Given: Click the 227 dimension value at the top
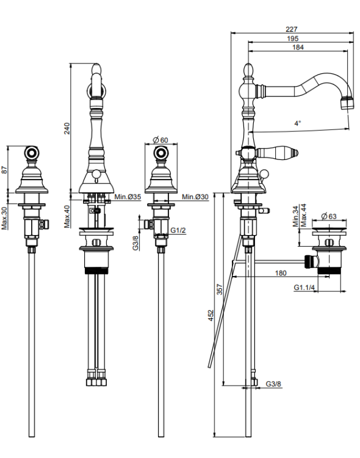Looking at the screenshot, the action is click(x=292, y=29).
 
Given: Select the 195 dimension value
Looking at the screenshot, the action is click(x=292, y=38).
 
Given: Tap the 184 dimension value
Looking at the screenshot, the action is click(x=298, y=47).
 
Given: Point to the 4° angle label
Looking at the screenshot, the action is click(x=297, y=123).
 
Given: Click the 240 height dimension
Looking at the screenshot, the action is click(x=67, y=128).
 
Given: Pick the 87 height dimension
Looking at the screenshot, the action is click(x=5, y=170).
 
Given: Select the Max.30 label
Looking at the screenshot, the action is click(x=4, y=218).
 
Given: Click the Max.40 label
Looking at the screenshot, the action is click(x=68, y=216).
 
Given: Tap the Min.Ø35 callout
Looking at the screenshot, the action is click(x=128, y=197).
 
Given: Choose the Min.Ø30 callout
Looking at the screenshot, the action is click(x=195, y=197).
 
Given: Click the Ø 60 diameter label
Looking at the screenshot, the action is click(x=160, y=140).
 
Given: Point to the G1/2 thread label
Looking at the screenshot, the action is click(x=178, y=230).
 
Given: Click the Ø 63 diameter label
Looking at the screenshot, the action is click(x=329, y=216).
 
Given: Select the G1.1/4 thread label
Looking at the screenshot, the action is click(x=304, y=288).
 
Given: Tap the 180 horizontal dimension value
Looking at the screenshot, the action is click(x=281, y=273).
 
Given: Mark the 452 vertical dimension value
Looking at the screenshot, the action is click(x=211, y=315).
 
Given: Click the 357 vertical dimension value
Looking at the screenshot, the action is click(x=220, y=289).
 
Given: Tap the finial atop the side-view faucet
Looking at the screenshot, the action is click(x=248, y=70).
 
